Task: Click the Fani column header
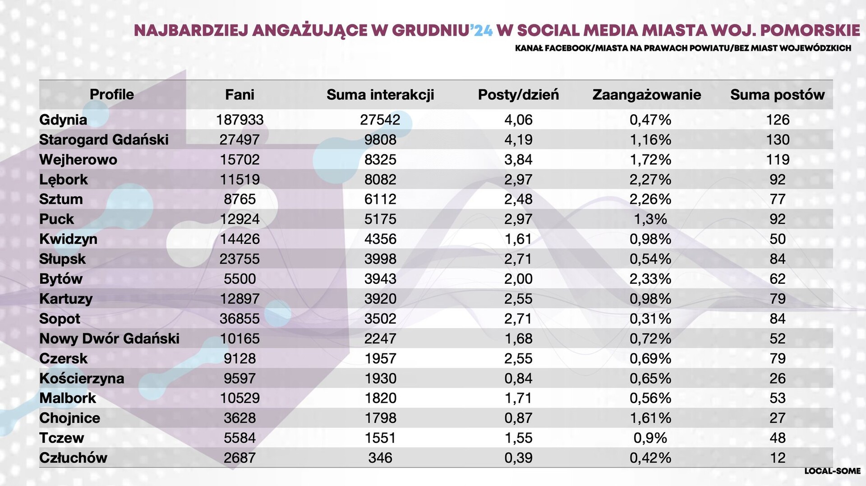pos(240,95)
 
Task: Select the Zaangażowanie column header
pos(646,95)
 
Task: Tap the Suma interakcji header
pos(380,95)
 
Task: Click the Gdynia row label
pos(63,120)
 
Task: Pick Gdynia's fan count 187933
pos(240,120)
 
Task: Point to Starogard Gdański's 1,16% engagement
pos(650,139)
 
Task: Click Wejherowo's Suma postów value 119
pos(778,159)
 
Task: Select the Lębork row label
pos(64,180)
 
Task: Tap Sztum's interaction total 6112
pos(380,199)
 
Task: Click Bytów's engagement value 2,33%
pos(650,279)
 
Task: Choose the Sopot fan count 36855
pos(240,319)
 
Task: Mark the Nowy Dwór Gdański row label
pos(109,338)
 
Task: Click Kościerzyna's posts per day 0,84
pos(518,378)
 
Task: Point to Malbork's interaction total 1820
pos(380,398)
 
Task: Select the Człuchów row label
pos(73,458)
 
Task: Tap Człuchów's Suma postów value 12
pos(778,458)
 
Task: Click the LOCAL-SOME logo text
pos(832,471)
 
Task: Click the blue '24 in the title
pos(482,30)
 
